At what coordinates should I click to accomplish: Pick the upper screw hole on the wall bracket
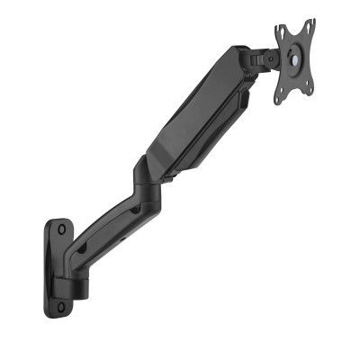[x=61, y=229]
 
